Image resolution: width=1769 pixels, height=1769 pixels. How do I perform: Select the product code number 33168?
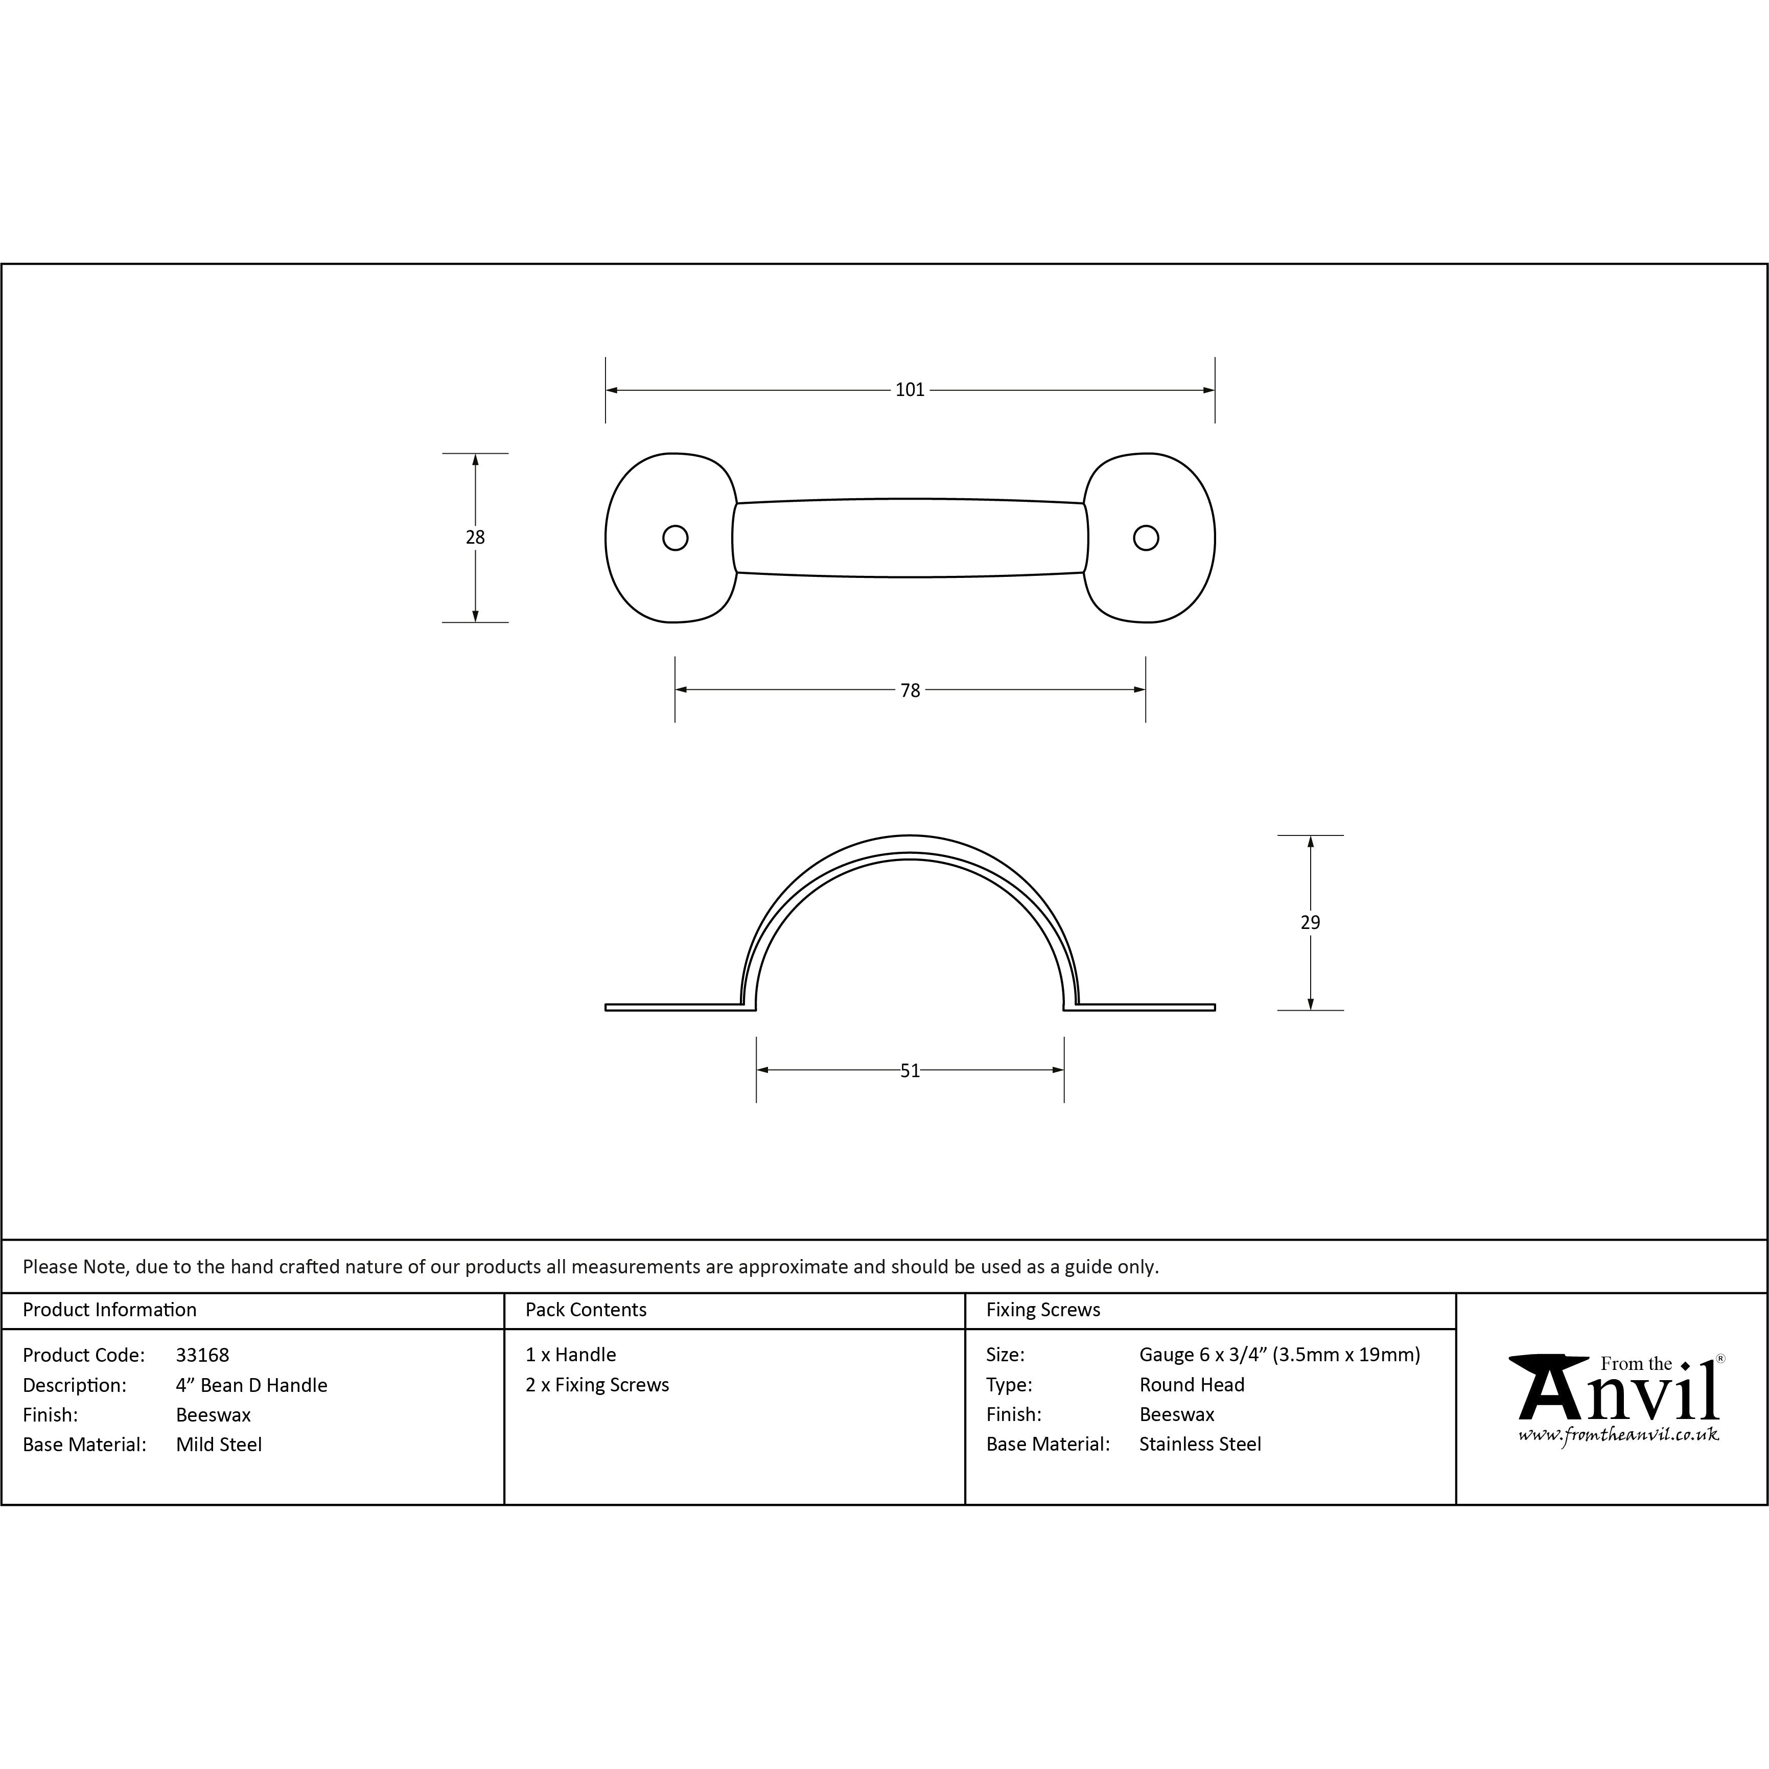coord(202,1355)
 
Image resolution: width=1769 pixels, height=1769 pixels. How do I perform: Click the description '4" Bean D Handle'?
coord(252,1385)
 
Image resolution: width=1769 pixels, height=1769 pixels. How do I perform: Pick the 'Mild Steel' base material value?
coord(219,1445)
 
